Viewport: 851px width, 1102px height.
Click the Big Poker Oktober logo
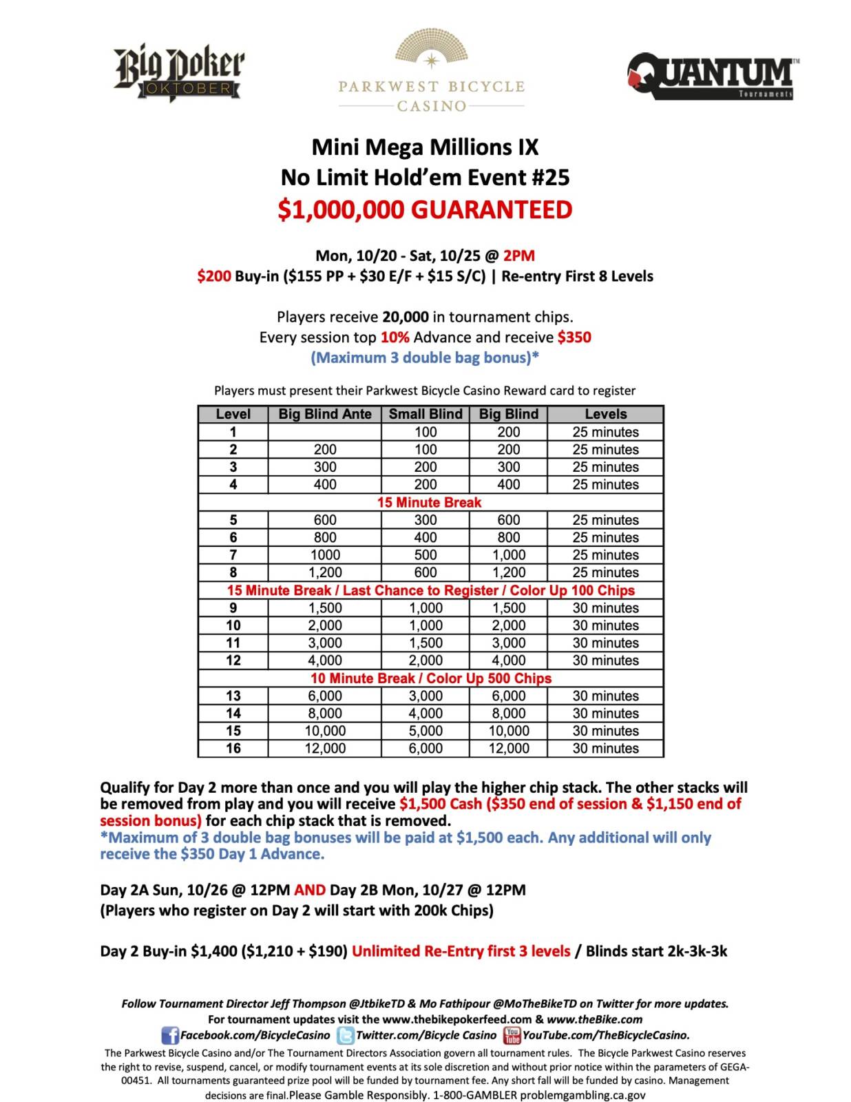[179, 74]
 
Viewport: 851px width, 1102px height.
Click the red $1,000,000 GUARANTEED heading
[425, 209]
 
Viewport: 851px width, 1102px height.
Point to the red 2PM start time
[518, 256]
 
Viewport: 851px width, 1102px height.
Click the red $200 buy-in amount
[213, 276]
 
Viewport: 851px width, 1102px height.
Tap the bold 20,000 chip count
[406, 317]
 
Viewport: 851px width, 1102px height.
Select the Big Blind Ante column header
[324, 414]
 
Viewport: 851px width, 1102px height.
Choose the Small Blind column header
[425, 414]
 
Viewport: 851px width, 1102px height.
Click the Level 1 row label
[233, 432]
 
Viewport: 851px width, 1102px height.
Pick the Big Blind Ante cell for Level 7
[324, 555]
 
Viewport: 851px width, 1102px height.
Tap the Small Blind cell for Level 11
[425, 643]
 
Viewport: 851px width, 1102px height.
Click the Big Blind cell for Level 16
[509, 748]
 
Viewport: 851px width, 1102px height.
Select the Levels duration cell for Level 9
[605, 608]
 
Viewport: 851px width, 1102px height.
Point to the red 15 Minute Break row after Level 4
[430, 502]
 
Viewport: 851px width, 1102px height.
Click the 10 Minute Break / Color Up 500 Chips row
[430, 678]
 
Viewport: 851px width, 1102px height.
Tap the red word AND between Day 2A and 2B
[309, 890]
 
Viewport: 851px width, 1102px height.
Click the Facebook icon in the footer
[169, 1035]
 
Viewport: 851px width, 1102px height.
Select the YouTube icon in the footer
[512, 1035]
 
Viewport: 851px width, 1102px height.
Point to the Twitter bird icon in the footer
[345, 1035]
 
